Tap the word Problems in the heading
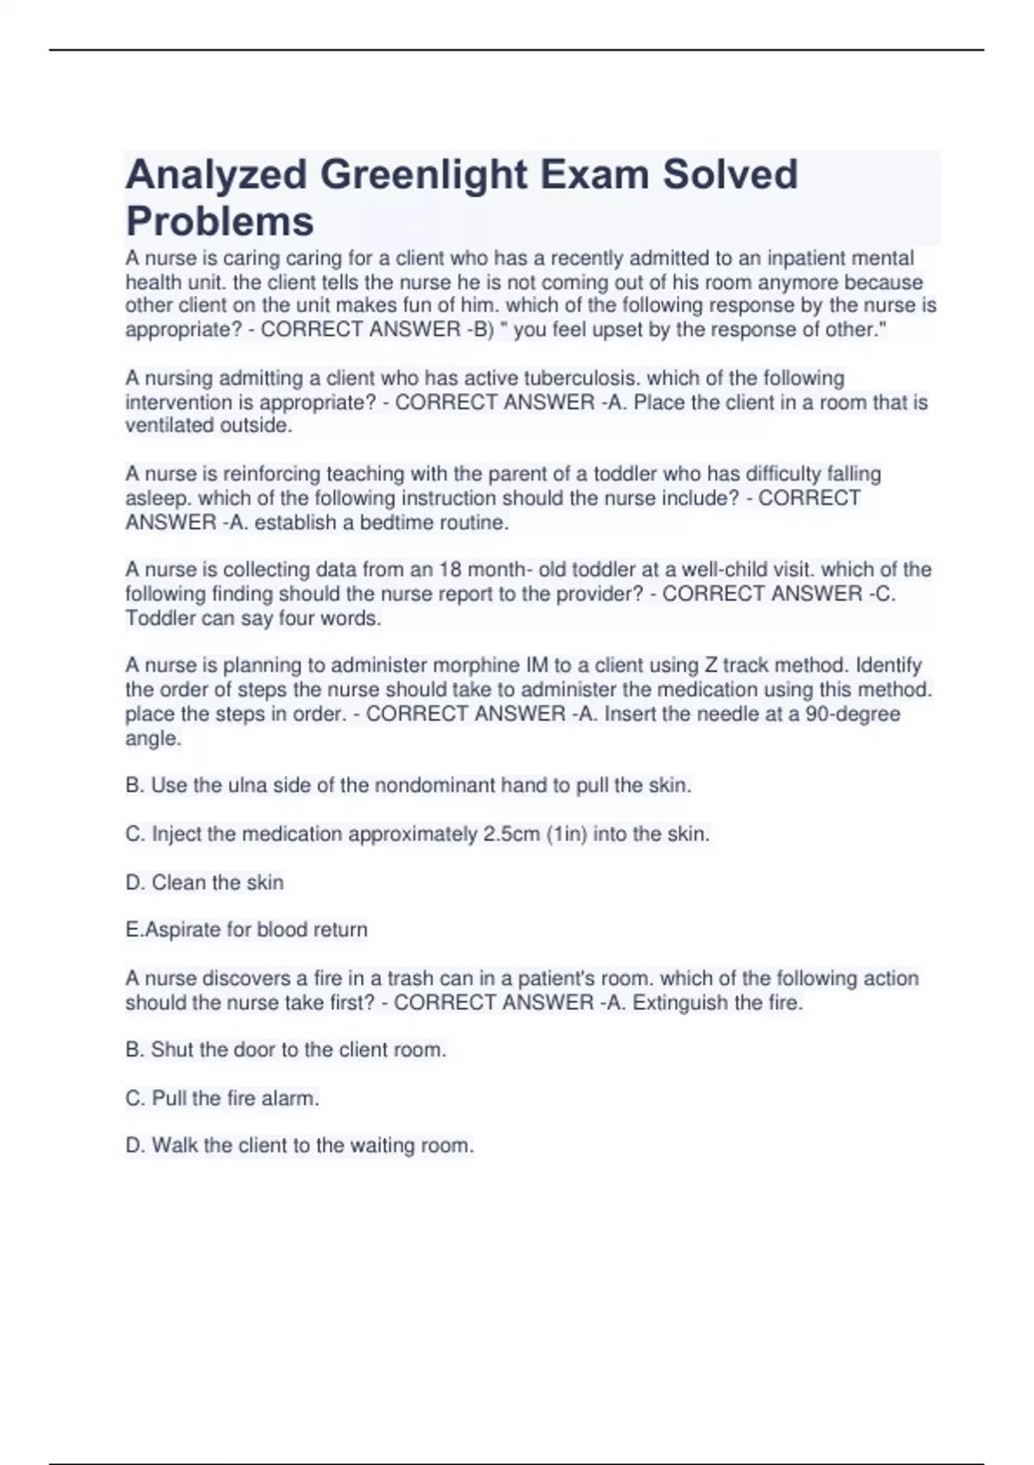tap(220, 221)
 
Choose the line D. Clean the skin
tap(205, 882)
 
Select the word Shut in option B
tap(172, 1050)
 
